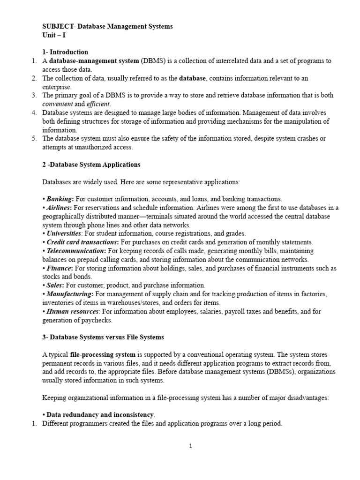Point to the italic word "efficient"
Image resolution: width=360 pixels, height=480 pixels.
(x=98, y=104)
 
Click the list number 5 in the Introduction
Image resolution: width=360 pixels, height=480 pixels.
(x=34, y=138)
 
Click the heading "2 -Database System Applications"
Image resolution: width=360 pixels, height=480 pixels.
(x=91, y=165)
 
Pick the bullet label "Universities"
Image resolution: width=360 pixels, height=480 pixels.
(x=64, y=233)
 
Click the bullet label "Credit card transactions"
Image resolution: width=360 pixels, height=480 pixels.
(x=82, y=242)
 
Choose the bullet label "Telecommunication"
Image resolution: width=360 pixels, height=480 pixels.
(x=76, y=251)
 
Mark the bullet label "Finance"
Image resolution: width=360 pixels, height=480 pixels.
(x=59, y=268)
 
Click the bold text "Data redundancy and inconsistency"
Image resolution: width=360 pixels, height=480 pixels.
(x=100, y=415)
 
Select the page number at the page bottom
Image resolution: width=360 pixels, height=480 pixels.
(x=191, y=446)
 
